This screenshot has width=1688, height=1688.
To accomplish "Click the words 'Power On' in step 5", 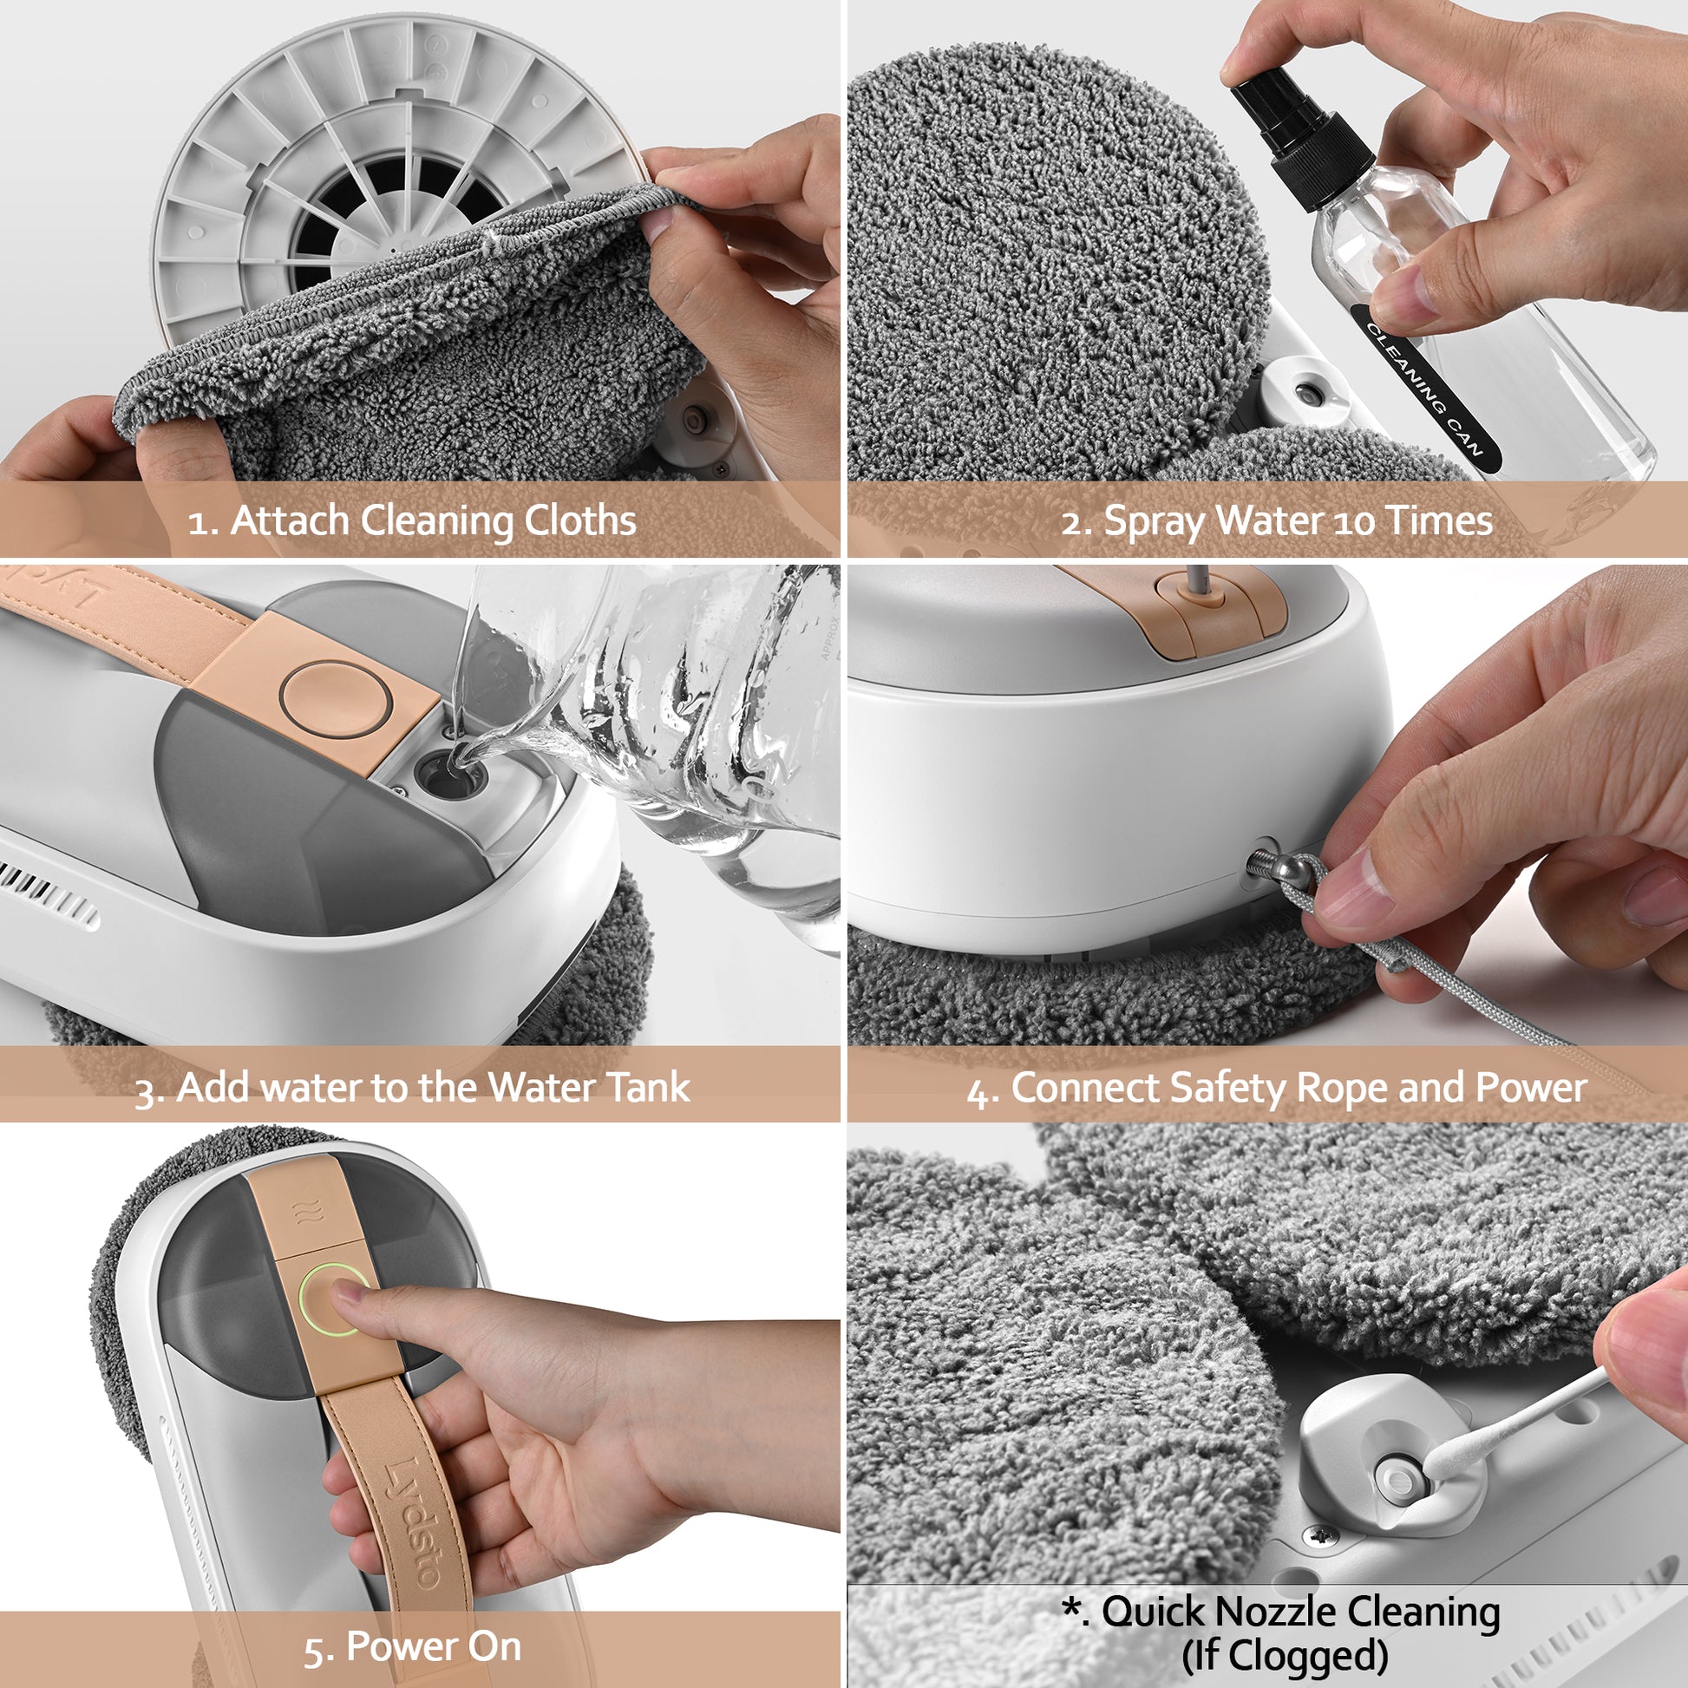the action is [x=434, y=1647].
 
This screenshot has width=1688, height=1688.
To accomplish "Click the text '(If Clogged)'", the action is [x=1285, y=1655].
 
